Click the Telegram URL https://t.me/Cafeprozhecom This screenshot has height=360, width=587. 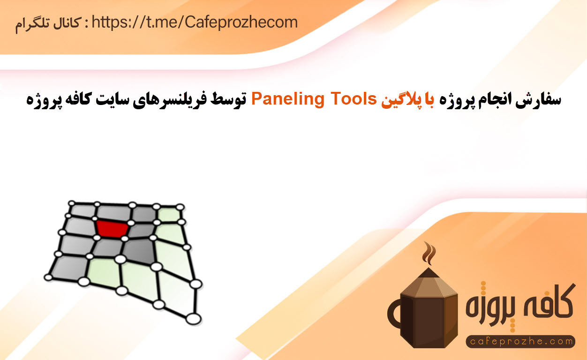(195, 23)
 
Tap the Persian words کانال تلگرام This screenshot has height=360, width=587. (48, 24)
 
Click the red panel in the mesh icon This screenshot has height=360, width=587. (112, 228)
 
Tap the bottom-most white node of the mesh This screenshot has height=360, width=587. (193, 319)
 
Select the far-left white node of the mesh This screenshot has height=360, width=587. (48, 277)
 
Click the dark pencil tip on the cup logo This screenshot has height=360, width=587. (429, 273)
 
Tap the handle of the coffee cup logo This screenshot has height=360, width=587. (394, 314)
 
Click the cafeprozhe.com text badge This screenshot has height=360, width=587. (520, 341)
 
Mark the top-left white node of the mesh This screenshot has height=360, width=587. (72, 203)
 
